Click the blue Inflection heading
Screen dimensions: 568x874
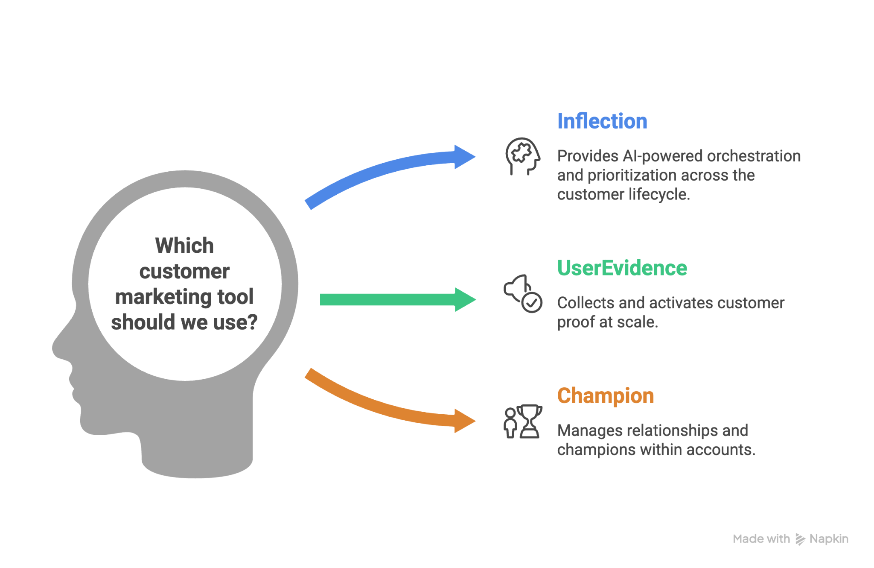pos(602,121)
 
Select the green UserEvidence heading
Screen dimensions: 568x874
pos(622,268)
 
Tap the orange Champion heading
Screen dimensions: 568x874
pos(605,395)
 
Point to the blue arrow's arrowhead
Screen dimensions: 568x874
pos(464,157)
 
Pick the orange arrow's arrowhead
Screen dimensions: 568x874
pos(464,421)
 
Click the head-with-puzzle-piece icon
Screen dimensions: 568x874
pos(522,156)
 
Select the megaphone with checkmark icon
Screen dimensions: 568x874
pos(523,293)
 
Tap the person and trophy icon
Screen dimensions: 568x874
pos(523,421)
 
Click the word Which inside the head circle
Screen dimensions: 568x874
pos(184,246)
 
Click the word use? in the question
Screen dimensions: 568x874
pos(235,322)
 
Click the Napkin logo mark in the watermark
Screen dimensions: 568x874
pos(800,539)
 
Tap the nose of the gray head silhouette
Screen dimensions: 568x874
pos(58,348)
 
